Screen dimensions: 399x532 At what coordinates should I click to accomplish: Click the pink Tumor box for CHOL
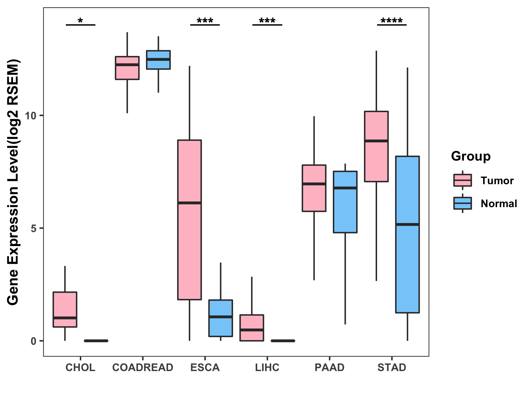pos(65,309)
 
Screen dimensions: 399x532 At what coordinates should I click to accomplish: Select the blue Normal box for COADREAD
pos(158,60)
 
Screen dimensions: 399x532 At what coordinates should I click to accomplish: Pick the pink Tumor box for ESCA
pos(190,219)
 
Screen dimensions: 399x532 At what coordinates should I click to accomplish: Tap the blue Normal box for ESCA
pos(221,318)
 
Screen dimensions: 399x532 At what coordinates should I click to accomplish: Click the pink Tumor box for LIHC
pos(252,328)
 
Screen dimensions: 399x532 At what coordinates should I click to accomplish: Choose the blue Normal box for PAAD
pos(345,202)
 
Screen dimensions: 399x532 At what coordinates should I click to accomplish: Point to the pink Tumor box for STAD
pos(376,146)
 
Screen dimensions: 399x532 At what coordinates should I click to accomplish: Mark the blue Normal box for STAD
pos(407,234)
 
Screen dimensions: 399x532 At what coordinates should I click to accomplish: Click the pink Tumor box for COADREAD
pos(127,68)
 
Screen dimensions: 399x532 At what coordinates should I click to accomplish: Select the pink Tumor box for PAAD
pos(314,188)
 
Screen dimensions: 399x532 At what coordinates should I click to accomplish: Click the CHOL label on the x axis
pos(80,367)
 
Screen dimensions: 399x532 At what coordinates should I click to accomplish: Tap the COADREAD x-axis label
pos(143,367)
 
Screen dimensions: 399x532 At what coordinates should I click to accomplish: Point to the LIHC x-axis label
pos(267,367)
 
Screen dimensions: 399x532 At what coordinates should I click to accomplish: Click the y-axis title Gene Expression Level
pos(13,182)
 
